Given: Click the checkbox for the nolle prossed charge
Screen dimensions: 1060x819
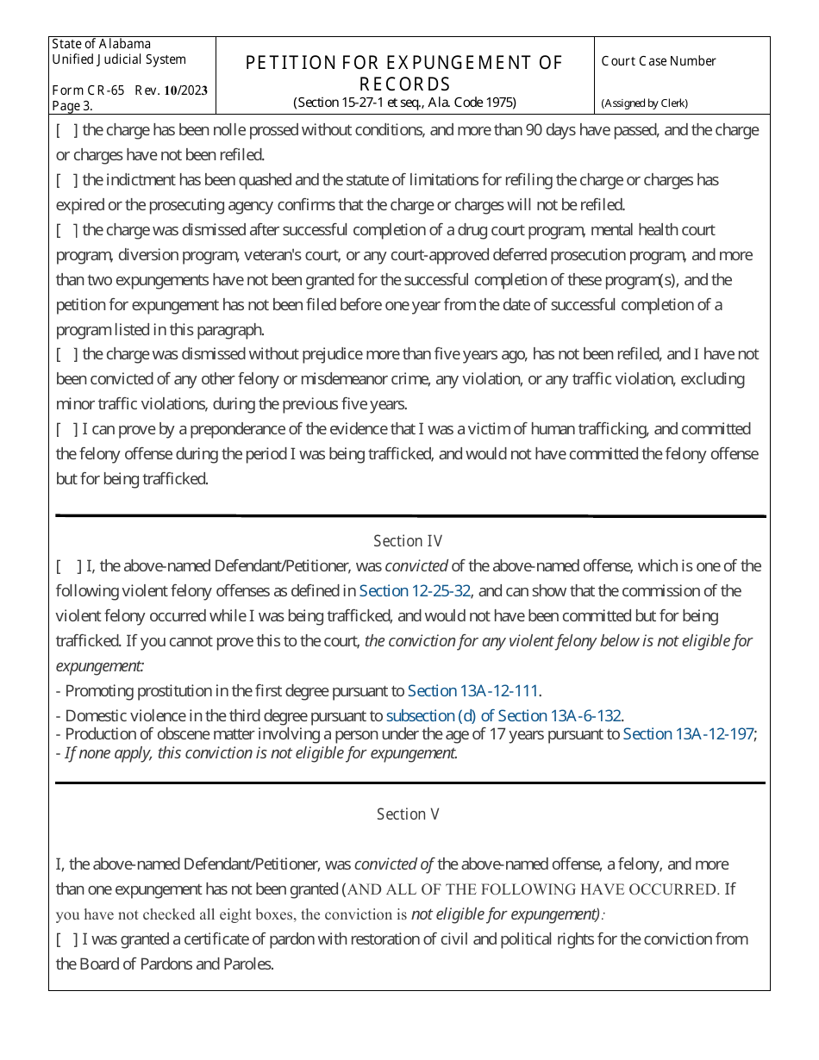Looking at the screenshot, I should click(67, 131).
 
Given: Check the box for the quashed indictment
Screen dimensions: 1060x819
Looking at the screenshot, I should click(67, 181).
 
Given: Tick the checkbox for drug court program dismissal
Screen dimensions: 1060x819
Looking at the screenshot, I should click(67, 231).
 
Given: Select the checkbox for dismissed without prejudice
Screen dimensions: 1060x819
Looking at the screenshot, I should click(67, 355).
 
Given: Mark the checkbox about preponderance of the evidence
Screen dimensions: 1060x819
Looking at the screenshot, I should click(67, 430).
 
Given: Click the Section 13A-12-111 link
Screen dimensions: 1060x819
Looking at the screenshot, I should click(473, 691).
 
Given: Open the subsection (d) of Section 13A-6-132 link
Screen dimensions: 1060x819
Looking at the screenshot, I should click(503, 716).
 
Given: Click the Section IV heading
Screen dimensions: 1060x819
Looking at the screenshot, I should click(408, 541).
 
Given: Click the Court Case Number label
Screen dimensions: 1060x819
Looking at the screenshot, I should click(659, 61).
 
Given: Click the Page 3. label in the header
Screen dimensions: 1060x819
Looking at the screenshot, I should click(72, 106).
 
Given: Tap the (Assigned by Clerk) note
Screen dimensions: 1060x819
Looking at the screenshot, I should click(644, 103).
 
